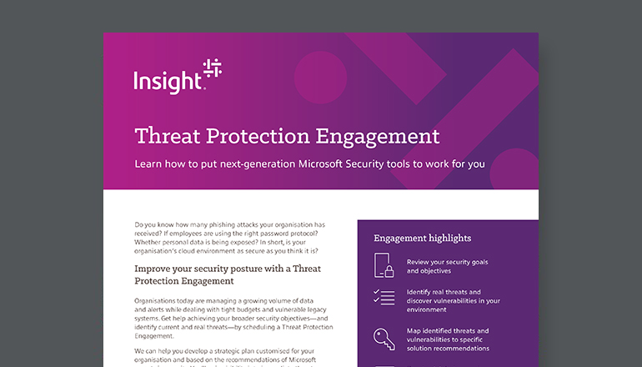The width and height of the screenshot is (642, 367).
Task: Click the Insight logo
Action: click(176, 76)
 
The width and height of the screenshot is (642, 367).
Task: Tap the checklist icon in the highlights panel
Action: click(384, 296)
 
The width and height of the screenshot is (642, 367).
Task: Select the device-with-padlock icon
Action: click(384, 266)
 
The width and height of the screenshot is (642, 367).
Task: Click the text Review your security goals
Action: click(447, 262)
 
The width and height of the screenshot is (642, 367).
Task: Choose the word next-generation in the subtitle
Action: click(244, 163)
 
